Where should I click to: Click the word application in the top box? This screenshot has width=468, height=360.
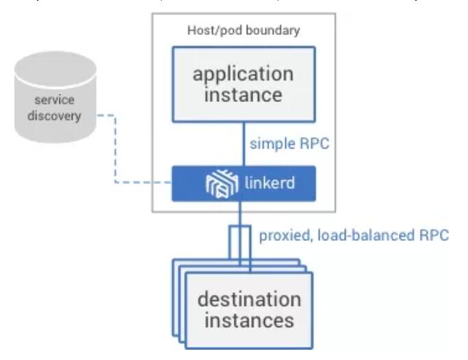[244, 73]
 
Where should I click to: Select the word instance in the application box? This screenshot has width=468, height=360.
[244, 94]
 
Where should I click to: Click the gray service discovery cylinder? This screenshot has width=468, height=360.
[57, 103]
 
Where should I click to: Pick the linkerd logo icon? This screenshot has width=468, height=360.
[222, 184]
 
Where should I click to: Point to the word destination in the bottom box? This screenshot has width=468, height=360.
[249, 300]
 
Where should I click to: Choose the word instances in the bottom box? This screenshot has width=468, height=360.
[249, 320]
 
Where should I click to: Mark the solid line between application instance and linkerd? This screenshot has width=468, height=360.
[244, 140]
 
